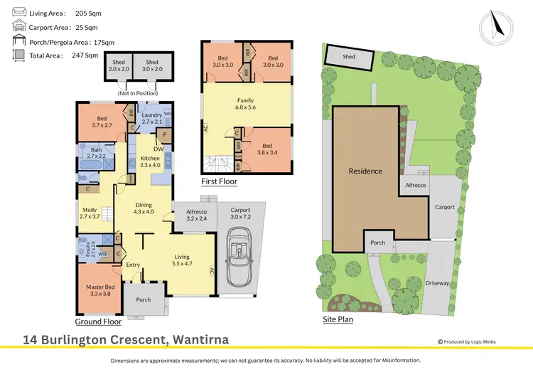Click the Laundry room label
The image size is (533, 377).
[152, 115]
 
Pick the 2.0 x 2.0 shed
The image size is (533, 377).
[118, 66]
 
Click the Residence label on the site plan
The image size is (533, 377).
[365, 171]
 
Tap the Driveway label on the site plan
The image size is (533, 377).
[438, 283]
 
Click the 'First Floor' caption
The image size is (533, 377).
[219, 182]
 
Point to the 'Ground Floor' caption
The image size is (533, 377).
[99, 322]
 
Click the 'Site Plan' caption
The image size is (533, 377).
[338, 319]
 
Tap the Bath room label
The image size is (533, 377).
[95, 152]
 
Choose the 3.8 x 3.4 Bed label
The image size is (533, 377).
[268, 149]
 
